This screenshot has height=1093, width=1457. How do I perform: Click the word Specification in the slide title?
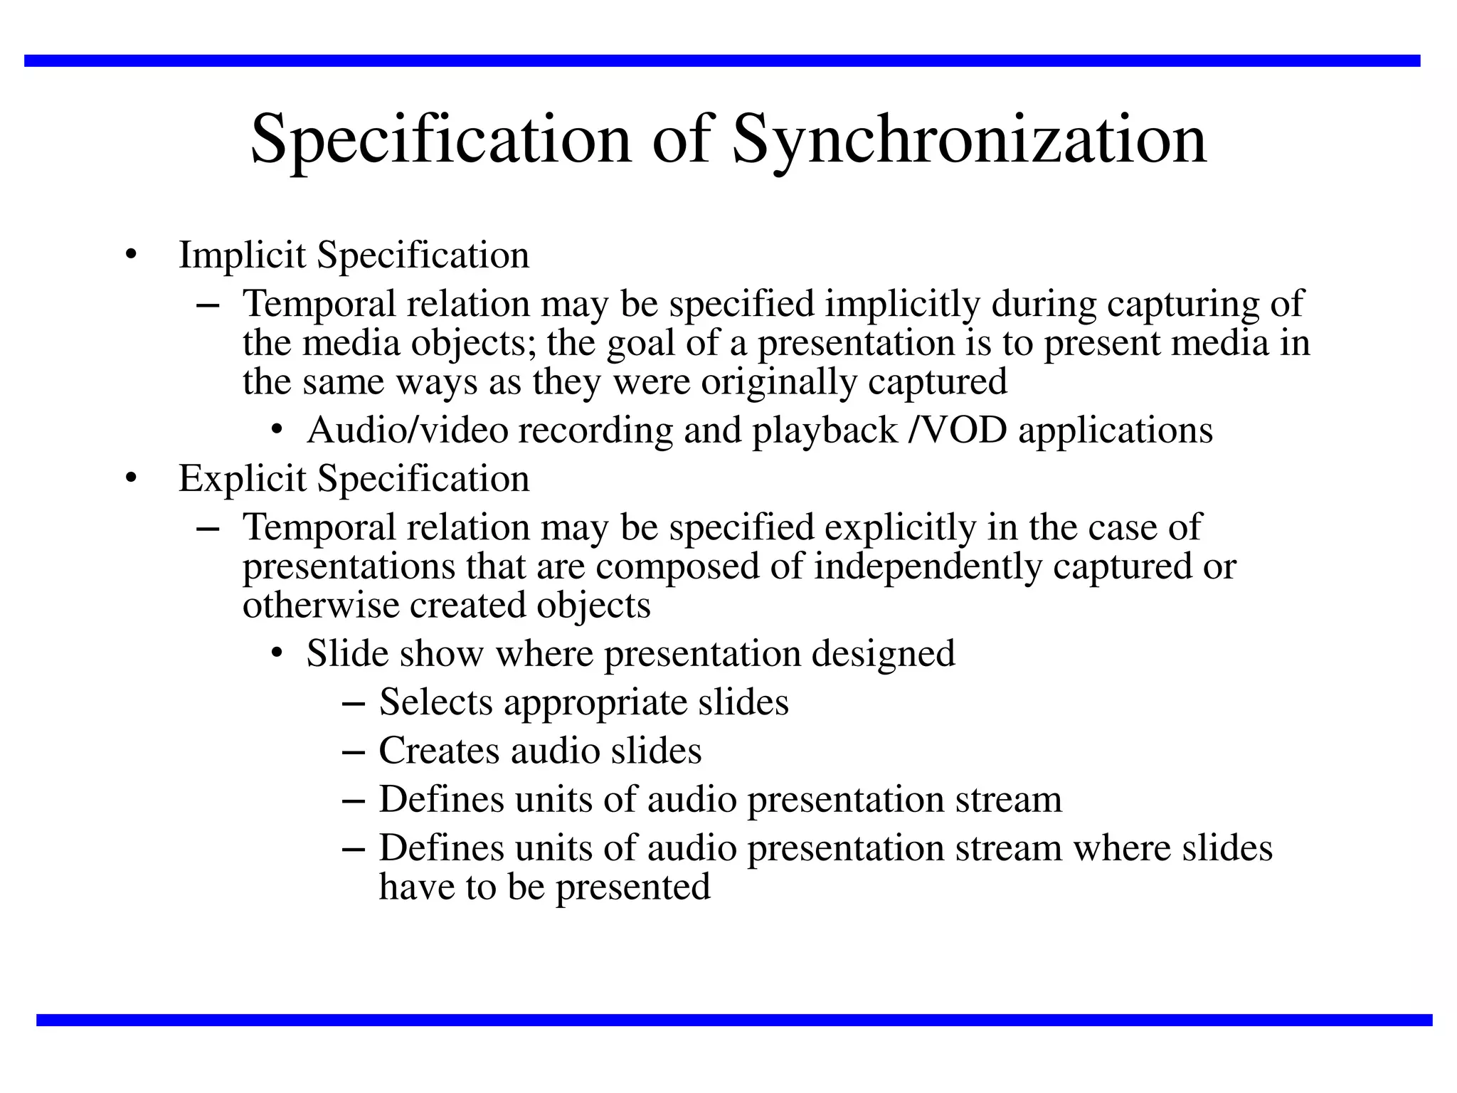441,140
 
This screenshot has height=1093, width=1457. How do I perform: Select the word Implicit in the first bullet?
242,255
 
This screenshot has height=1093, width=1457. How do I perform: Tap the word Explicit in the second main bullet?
242,478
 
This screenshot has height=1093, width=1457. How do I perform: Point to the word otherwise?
321,606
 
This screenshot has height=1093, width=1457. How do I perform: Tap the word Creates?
438,751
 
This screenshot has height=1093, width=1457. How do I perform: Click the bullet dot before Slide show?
277,654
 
